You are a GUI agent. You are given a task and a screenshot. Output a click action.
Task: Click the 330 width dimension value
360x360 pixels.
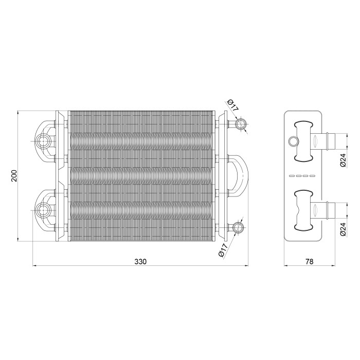click(x=140, y=261)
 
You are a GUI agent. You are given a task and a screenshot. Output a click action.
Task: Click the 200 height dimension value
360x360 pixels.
click(x=14, y=176)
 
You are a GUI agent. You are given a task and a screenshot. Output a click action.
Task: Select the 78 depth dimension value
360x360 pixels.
click(x=309, y=261)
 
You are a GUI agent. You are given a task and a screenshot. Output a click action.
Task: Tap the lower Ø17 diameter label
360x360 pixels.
click(x=223, y=251)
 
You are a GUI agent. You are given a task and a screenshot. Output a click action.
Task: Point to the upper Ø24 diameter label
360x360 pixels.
click(x=343, y=160)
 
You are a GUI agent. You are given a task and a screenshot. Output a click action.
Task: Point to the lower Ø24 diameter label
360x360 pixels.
click(x=343, y=229)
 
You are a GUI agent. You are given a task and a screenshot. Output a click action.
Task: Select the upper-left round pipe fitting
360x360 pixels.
click(x=42, y=141)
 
